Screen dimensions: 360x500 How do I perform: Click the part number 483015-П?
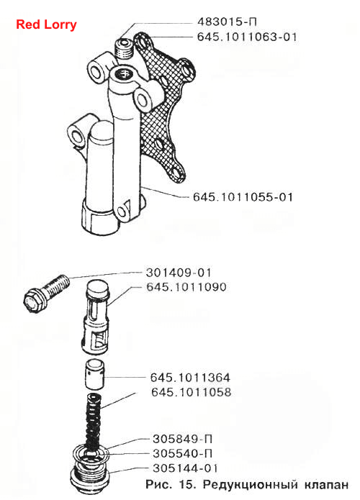click(228, 22)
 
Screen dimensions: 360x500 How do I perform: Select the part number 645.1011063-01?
click(247, 37)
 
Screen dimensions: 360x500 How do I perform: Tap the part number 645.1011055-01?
click(243, 196)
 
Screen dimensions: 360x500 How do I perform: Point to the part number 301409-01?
click(179, 273)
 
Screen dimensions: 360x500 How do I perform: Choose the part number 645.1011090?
click(186, 287)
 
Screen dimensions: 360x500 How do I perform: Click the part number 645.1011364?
click(190, 378)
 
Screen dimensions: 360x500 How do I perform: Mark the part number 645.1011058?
click(192, 392)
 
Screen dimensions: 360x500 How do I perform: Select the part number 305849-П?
click(183, 439)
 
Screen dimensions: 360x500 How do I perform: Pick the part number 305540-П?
click(183, 453)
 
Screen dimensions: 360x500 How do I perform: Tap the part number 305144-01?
click(185, 468)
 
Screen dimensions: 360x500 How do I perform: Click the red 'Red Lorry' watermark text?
click(46, 24)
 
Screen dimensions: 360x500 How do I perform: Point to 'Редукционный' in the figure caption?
click(250, 485)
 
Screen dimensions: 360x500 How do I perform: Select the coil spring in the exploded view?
click(94, 420)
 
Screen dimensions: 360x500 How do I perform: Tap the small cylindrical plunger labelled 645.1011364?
click(95, 373)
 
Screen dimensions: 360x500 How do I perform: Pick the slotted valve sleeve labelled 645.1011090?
click(96, 317)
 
